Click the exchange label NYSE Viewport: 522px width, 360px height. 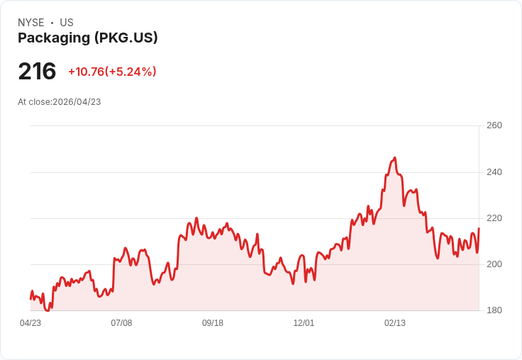(x=30, y=23)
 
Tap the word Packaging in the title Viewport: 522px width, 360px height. (x=53, y=38)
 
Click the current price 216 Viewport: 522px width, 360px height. (x=37, y=72)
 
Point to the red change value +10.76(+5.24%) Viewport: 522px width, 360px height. (x=112, y=72)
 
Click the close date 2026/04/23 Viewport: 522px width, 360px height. (x=77, y=102)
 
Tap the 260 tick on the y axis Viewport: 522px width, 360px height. (x=494, y=125)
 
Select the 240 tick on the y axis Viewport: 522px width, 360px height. (x=494, y=172)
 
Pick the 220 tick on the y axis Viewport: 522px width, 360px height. (x=494, y=218)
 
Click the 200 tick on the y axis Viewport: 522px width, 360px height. (x=494, y=264)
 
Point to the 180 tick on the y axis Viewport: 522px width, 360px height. (x=494, y=310)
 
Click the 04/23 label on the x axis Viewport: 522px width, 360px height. (x=30, y=323)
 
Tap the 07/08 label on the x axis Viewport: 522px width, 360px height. (x=121, y=323)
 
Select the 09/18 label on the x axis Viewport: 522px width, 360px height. (x=213, y=323)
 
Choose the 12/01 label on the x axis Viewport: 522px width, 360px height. (x=304, y=323)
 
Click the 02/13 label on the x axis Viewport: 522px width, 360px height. (x=395, y=323)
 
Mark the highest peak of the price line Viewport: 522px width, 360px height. (x=394, y=158)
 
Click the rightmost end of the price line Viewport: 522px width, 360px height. (x=479, y=228)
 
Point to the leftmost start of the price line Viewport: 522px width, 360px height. (x=30, y=298)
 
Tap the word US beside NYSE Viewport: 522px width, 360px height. (x=67, y=23)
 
